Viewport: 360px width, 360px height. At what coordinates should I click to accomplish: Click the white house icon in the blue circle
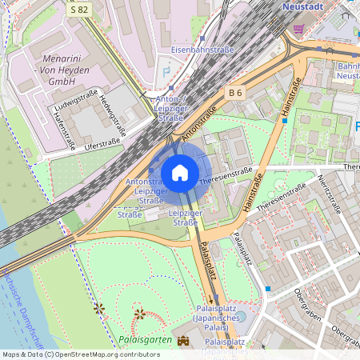pyautogui.click(x=180, y=173)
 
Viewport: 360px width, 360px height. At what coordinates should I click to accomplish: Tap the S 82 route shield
pyautogui.click(x=79, y=10)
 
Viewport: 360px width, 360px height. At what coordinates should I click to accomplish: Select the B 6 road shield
pyautogui.click(x=234, y=94)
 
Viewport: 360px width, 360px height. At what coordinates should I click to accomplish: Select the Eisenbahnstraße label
pyautogui.click(x=202, y=50)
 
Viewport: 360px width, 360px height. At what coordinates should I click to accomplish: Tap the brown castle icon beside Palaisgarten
pyautogui.click(x=184, y=341)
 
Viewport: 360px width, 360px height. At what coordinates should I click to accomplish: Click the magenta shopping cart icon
pyautogui.click(x=298, y=29)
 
